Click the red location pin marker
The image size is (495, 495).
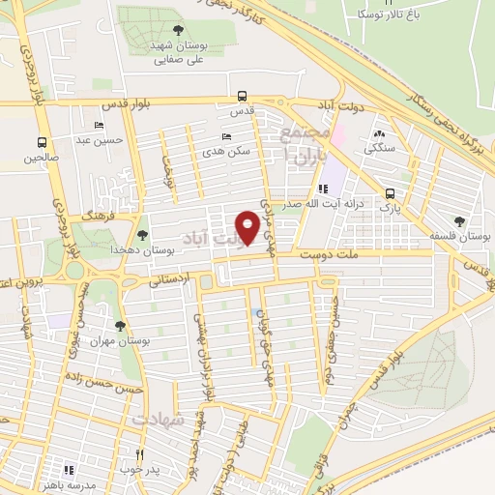point(248,227)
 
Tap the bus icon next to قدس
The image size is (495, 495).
point(241,97)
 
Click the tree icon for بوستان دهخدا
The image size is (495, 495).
point(142,235)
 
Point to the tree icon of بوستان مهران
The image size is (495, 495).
point(121,327)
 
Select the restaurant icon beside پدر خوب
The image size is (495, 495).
point(140,454)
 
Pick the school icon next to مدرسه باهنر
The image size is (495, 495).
point(68,470)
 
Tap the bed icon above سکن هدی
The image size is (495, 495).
point(226,137)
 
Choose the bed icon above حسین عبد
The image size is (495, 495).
point(99,128)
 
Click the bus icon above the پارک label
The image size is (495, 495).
point(389,192)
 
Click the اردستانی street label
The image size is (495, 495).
point(170,278)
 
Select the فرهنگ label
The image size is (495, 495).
point(99,219)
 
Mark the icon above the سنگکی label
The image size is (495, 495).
point(378,134)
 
